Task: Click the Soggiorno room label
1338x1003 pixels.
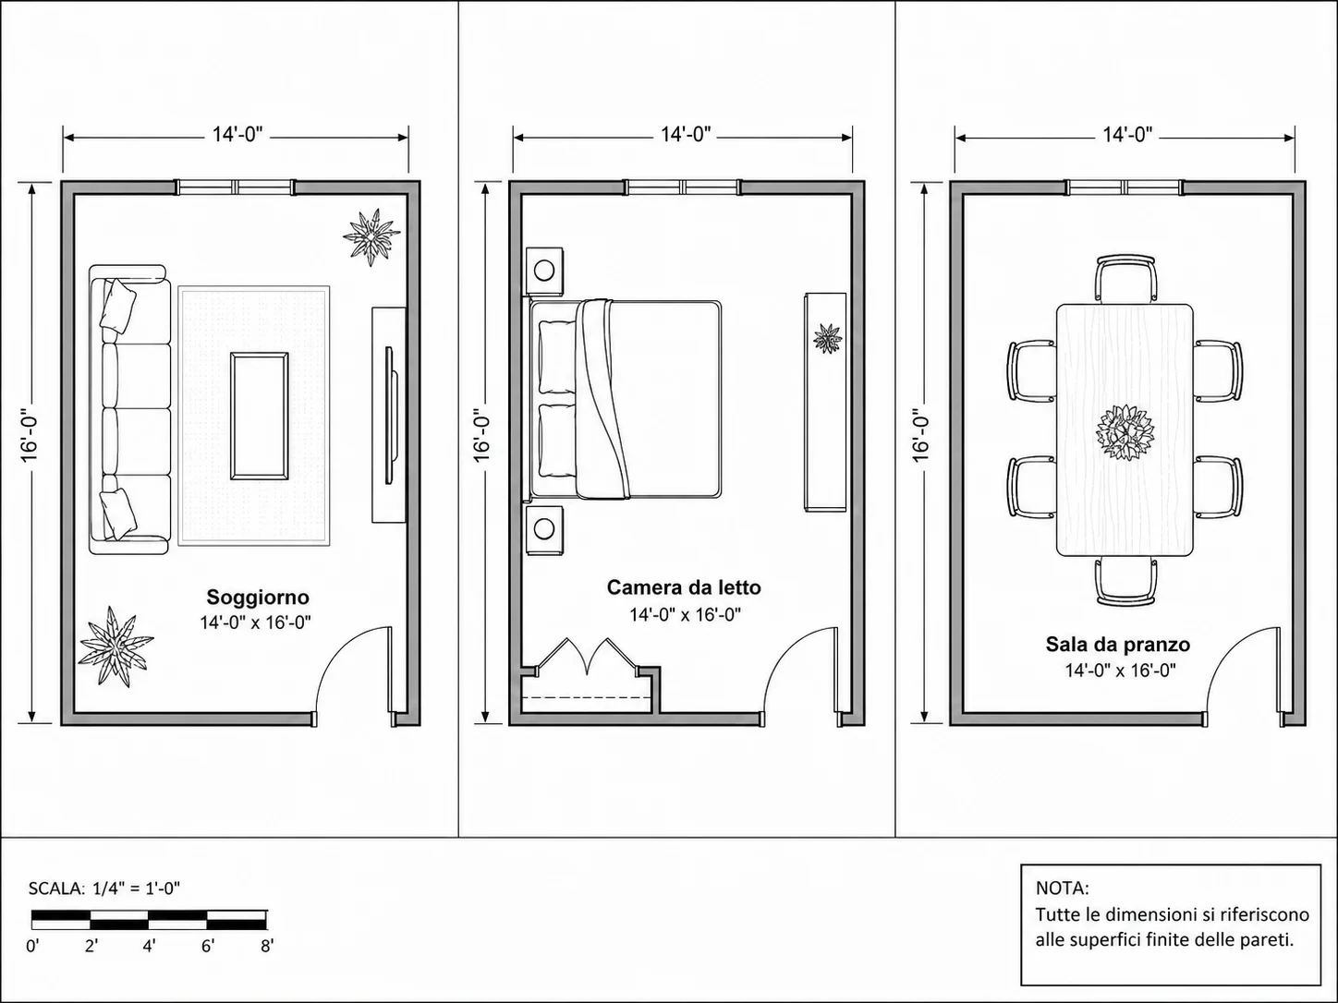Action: pyautogui.click(x=258, y=598)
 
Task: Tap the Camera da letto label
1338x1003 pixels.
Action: pyautogui.click(x=684, y=587)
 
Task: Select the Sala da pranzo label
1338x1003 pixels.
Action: pyautogui.click(x=1118, y=645)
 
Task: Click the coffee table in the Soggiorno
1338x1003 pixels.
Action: pyautogui.click(x=259, y=416)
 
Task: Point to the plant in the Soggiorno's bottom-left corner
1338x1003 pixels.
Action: pyautogui.click(x=116, y=646)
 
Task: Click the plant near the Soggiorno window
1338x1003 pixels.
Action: pyautogui.click(x=371, y=236)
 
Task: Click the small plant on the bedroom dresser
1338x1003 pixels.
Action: pyautogui.click(x=827, y=339)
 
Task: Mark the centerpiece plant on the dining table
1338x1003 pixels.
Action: pyautogui.click(x=1125, y=433)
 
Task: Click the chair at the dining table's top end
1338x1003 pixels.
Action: pyautogui.click(x=1126, y=278)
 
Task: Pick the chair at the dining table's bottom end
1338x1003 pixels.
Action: pyautogui.click(x=1126, y=581)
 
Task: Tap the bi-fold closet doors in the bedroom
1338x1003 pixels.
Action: pyautogui.click(x=588, y=657)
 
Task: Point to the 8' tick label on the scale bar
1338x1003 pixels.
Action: pyautogui.click(x=267, y=947)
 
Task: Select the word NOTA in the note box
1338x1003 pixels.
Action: pyautogui.click(x=1062, y=888)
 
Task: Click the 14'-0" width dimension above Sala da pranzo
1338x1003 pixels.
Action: pyautogui.click(x=1127, y=134)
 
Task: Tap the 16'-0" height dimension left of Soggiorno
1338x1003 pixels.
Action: pyautogui.click(x=30, y=439)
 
